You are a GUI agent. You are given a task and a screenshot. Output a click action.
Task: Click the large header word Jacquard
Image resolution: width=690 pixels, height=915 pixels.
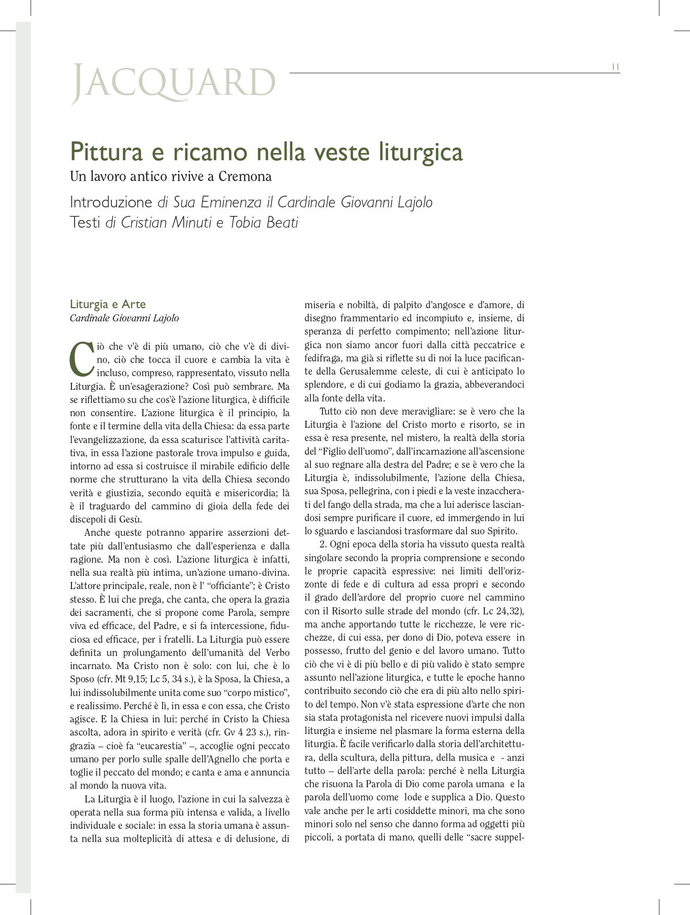(x=174, y=82)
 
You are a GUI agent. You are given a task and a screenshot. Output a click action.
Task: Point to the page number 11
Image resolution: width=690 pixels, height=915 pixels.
(x=615, y=67)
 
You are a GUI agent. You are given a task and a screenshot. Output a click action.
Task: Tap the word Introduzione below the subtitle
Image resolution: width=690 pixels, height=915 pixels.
(x=111, y=202)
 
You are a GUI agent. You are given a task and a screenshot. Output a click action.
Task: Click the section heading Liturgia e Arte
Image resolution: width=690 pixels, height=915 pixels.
(x=107, y=304)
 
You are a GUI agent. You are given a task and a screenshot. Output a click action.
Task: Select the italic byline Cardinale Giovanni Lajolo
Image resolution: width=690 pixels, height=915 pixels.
(x=124, y=318)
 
